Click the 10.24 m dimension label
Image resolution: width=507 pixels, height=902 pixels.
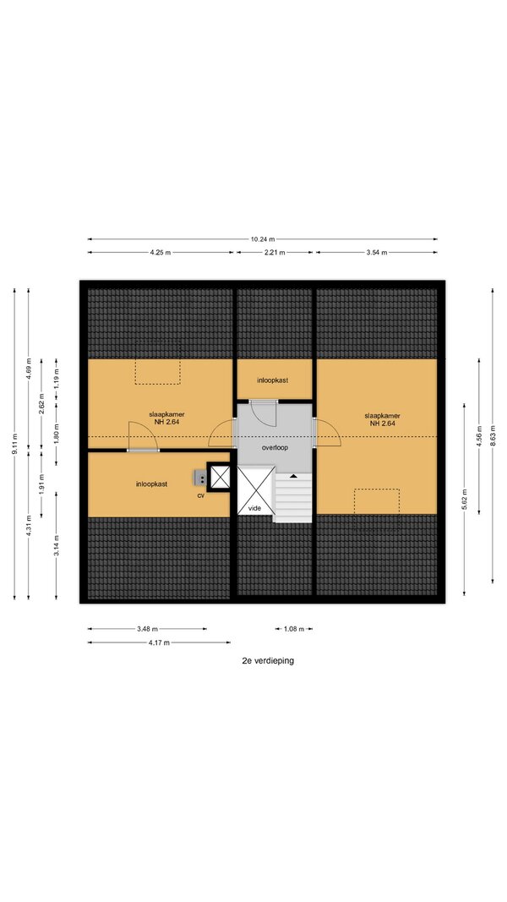coord(262,238)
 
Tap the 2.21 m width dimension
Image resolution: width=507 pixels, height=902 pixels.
coord(274,252)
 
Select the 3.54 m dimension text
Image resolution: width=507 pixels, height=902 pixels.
coord(376,252)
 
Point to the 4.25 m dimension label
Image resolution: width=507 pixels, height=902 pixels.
coord(160,252)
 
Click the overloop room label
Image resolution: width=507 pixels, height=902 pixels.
coord(275,447)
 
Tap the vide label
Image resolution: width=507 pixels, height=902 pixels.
coord(254,508)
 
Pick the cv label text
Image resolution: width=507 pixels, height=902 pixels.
coord(201,495)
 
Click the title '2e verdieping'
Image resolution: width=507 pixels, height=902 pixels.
coord(268,660)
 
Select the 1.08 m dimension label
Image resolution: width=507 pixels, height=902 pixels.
coord(294,629)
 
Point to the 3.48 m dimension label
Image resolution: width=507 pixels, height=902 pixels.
coord(147,629)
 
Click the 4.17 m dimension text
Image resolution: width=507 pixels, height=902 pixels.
coord(159,642)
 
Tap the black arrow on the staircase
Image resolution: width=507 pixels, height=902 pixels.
coord(293,476)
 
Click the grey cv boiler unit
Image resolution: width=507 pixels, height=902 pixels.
coord(200,477)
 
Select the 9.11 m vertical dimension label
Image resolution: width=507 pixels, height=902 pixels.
coord(14,444)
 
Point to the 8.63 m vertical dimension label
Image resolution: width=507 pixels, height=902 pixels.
coord(493,435)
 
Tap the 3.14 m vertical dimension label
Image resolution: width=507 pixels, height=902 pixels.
coord(56,545)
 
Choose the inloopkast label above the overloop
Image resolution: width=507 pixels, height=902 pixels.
coord(272,380)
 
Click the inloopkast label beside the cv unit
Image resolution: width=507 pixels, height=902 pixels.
coord(152,484)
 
